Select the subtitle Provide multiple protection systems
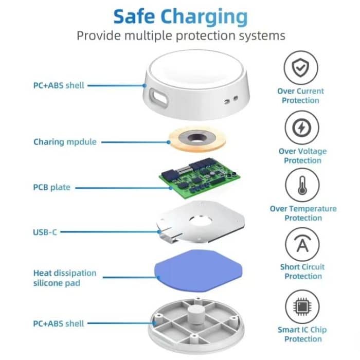click(x=180, y=36)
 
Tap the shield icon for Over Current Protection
click(x=301, y=67)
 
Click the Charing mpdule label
click(x=65, y=141)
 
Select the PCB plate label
click(x=51, y=188)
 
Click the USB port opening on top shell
click(x=158, y=95)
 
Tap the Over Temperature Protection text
click(x=303, y=213)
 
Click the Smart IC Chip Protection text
click(x=303, y=334)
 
